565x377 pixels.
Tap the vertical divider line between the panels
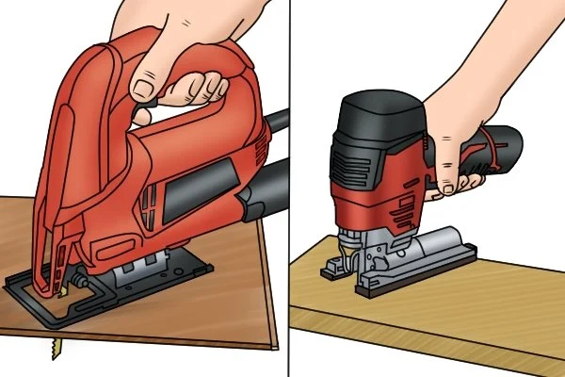click(x=286, y=188)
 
